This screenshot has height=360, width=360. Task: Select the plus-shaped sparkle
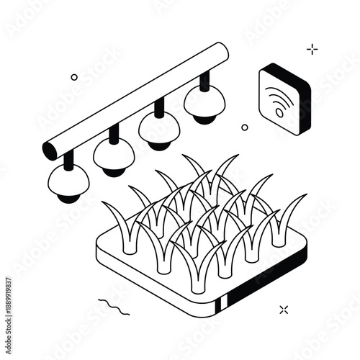(312, 49)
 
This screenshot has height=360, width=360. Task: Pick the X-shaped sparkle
(284, 310)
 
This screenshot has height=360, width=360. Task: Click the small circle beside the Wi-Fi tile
(245, 127)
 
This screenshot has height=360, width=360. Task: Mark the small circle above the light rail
(74, 77)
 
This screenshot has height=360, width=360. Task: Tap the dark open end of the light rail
(51, 150)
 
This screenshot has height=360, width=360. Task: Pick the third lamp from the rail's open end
(159, 130)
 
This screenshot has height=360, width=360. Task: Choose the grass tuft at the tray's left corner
(118, 223)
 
